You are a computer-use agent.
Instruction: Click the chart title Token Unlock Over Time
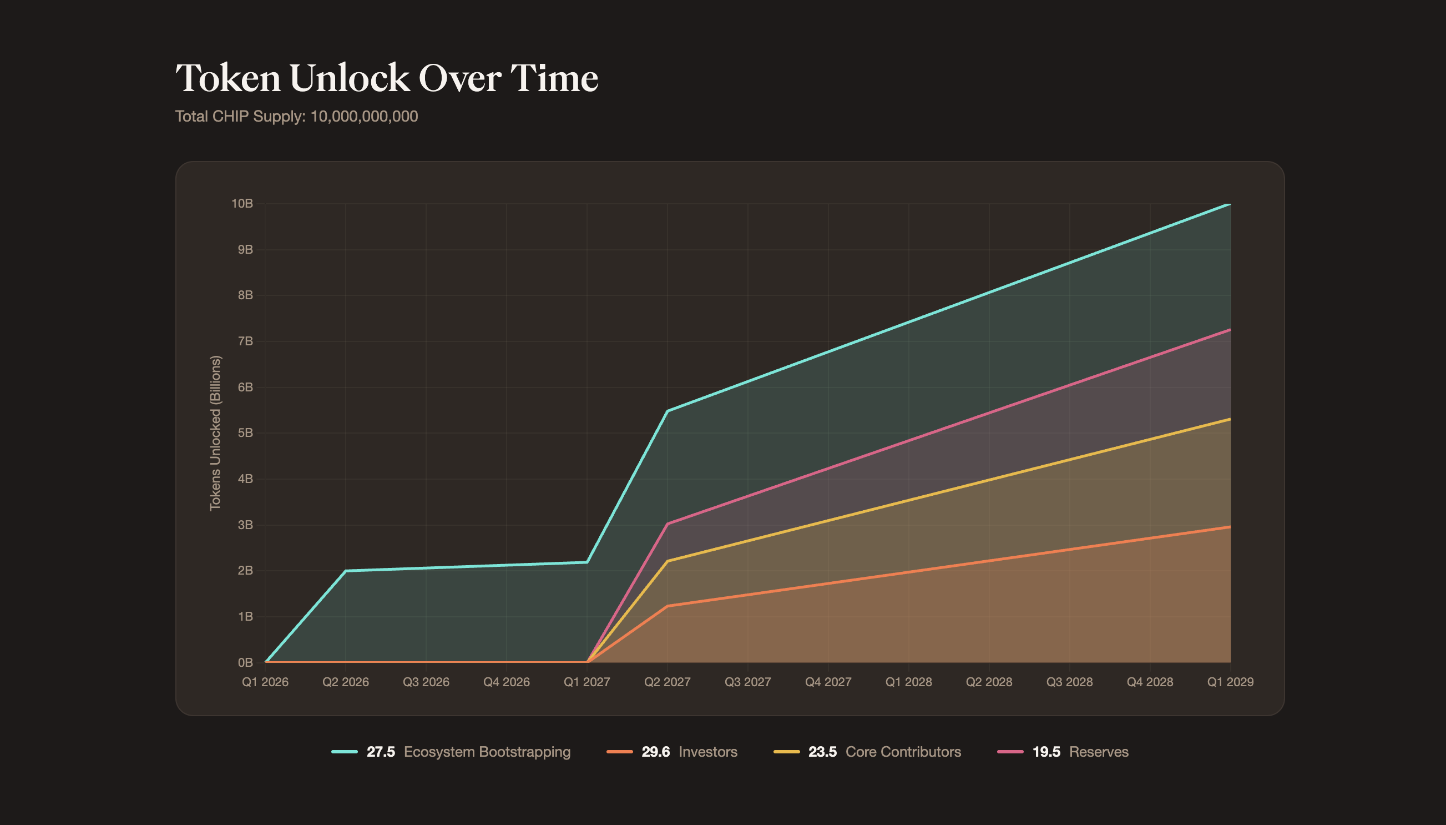[x=387, y=78]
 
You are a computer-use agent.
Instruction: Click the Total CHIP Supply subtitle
[x=296, y=117]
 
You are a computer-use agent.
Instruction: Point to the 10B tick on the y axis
[x=242, y=203]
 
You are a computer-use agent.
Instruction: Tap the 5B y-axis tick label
[x=245, y=433]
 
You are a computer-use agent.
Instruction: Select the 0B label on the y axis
[x=245, y=662]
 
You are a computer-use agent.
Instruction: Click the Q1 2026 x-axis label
[x=265, y=682]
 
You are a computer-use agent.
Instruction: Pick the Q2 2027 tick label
[x=667, y=682]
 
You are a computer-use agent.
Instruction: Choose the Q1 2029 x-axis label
[x=1230, y=682]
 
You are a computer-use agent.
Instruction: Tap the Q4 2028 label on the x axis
[x=1149, y=682]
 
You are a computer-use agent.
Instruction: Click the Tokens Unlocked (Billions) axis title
[x=215, y=433]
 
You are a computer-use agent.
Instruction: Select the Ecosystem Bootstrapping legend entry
[x=487, y=752]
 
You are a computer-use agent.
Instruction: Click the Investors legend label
[x=707, y=752]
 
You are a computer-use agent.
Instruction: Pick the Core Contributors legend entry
[x=903, y=752]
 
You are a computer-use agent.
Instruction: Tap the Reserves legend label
[x=1098, y=752]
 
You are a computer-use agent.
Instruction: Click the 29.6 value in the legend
[x=656, y=752]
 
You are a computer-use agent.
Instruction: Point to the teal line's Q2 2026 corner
[x=345, y=571]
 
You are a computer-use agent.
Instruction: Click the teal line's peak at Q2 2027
[x=667, y=411]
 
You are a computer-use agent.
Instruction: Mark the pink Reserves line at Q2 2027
[x=667, y=524]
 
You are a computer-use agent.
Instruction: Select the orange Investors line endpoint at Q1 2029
[x=1230, y=526]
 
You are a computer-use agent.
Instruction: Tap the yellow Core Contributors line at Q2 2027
[x=667, y=561]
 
